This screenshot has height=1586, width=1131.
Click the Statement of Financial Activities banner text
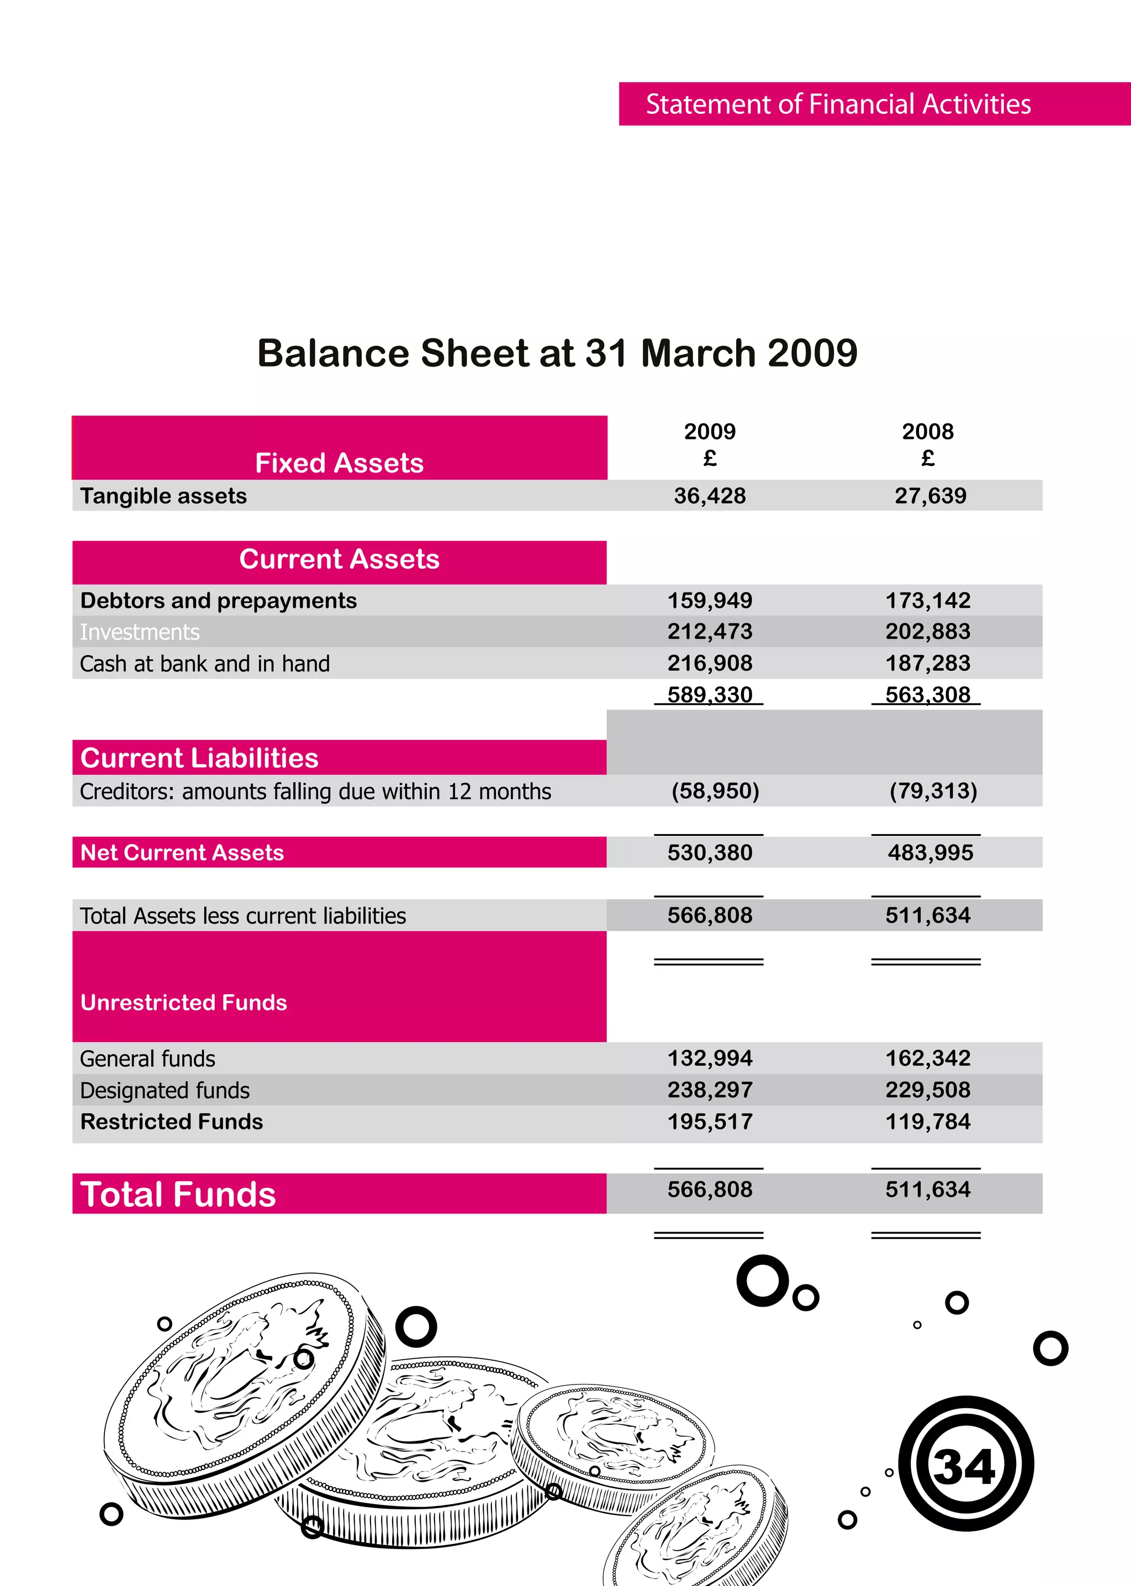[x=838, y=104]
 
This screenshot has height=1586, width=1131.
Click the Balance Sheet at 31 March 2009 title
[x=557, y=353]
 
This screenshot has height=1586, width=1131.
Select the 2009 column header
[x=710, y=432]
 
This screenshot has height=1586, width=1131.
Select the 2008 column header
[x=928, y=432]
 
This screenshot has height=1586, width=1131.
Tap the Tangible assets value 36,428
[x=710, y=496]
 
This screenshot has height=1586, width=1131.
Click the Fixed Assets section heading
[x=339, y=463]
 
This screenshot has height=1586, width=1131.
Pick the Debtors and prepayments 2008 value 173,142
[x=928, y=600]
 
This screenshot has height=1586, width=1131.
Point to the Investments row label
[x=140, y=632]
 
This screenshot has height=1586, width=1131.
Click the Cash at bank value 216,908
[x=710, y=663]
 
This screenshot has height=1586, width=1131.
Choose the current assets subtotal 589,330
[x=710, y=694]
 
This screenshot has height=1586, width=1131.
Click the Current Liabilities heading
[x=199, y=758]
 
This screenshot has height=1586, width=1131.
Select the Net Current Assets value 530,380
[x=710, y=852]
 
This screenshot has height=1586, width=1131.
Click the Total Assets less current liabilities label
[x=243, y=915]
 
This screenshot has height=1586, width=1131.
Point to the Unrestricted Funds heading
[x=184, y=1002]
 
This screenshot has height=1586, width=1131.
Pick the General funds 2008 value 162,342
[x=928, y=1058]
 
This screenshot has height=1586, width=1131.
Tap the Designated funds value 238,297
[x=710, y=1090]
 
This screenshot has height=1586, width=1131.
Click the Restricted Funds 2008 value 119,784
[x=928, y=1122]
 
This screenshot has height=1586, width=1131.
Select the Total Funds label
[x=178, y=1194]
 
